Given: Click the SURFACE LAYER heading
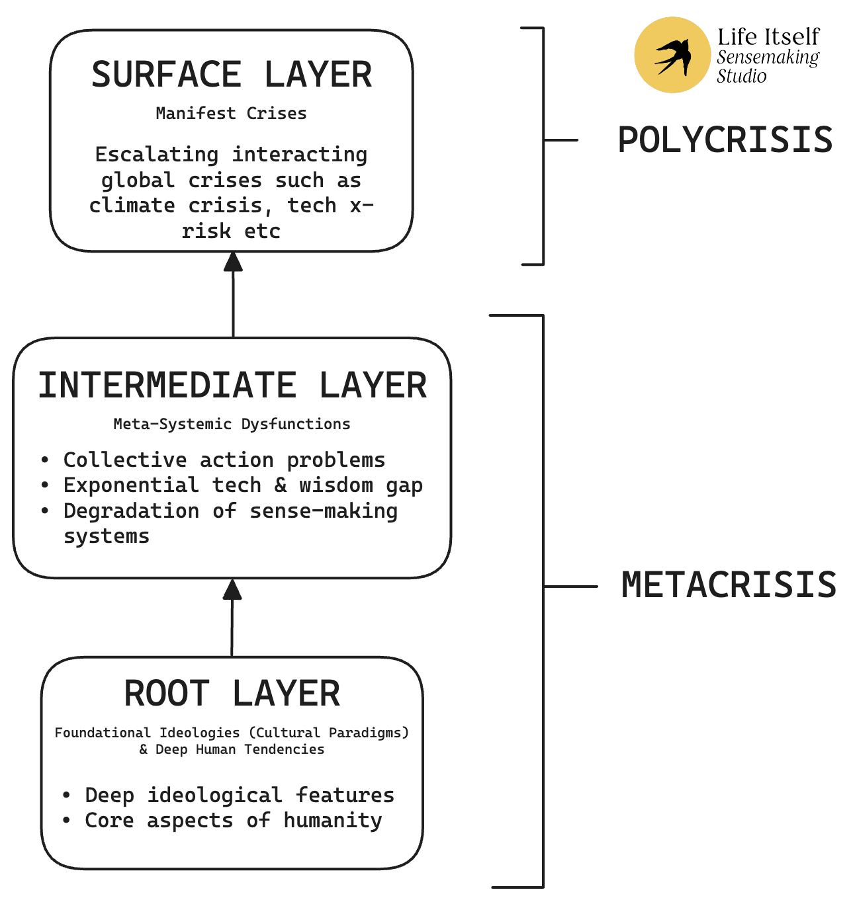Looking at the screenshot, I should [x=232, y=75].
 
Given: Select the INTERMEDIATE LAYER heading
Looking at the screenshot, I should [x=232, y=386].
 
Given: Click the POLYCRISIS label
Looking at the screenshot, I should [x=725, y=140].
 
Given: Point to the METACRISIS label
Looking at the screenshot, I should [x=729, y=586].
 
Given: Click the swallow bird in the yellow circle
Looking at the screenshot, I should [x=672, y=56].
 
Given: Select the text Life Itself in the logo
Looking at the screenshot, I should [x=768, y=36].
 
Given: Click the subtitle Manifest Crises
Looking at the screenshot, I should [x=231, y=114].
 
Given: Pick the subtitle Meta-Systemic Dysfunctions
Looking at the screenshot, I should [x=232, y=424].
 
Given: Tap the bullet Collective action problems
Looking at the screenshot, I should [x=224, y=460].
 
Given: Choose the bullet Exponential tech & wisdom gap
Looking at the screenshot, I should [x=242, y=485].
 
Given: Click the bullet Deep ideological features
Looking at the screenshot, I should [x=239, y=795].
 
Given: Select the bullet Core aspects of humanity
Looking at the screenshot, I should [x=233, y=821].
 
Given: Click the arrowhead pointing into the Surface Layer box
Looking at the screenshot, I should [x=233, y=262].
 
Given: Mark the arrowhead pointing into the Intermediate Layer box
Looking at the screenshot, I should [x=232, y=589].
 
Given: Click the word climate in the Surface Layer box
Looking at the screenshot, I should [x=132, y=206].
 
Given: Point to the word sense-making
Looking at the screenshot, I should [x=324, y=511].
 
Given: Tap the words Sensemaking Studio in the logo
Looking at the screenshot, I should [x=767, y=67].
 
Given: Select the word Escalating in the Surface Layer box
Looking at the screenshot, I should [x=157, y=155].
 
